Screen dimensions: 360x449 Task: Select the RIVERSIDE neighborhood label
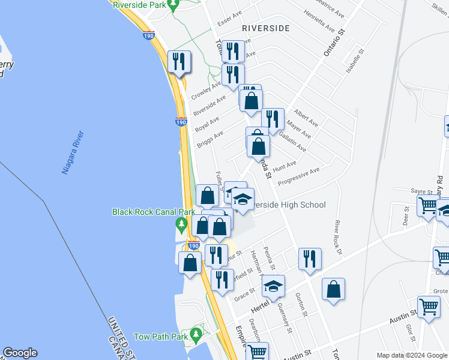click(265, 28)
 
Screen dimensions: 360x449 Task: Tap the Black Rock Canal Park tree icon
click(181, 224)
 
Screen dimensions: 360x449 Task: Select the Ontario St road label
click(336, 42)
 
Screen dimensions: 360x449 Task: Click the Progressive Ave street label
click(299, 174)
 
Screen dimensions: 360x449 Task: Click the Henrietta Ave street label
click(318, 20)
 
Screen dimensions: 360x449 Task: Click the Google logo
click(20, 353)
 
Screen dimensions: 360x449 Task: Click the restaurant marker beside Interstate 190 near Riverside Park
click(179, 62)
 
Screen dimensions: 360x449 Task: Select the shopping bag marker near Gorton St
click(333, 289)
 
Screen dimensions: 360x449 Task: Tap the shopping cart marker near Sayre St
click(427, 205)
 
